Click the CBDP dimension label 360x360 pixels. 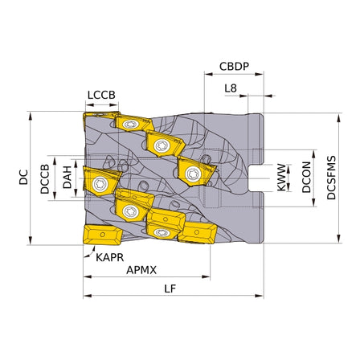(234, 67)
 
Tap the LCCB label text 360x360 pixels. (100, 94)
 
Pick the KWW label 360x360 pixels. (281, 178)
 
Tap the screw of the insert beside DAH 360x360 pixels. (101, 184)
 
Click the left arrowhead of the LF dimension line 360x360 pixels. (86, 296)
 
